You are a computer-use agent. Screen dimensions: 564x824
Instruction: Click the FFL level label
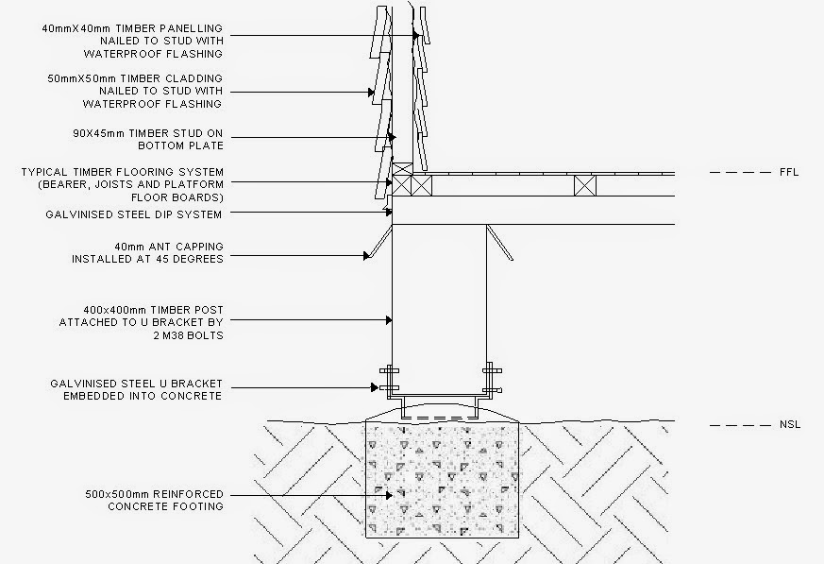(x=788, y=173)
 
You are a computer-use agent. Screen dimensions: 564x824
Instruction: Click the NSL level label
(x=789, y=425)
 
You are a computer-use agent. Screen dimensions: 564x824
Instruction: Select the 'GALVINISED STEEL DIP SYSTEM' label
(x=134, y=214)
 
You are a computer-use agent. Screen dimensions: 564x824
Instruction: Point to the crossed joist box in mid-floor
(x=585, y=186)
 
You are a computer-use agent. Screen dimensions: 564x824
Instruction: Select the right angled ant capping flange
(x=500, y=243)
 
